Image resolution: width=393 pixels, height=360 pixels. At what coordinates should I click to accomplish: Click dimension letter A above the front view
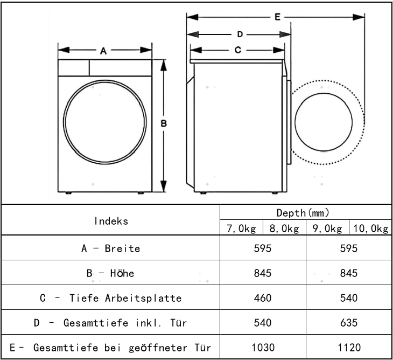pos(103,51)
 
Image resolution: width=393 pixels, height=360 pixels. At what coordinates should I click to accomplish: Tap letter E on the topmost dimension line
pos(277,17)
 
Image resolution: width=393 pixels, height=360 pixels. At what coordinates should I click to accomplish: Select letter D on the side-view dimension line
pos(240,34)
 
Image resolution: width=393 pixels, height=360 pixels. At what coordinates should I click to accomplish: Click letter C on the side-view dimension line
pos(237,51)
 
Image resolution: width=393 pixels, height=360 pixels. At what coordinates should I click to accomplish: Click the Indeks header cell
pos(111,220)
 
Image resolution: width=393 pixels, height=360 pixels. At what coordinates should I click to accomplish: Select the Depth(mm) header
pos(305,213)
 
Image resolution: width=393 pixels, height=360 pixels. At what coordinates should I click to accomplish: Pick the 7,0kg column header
pos(241,229)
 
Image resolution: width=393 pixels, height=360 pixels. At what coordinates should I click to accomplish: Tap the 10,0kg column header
pos(370,229)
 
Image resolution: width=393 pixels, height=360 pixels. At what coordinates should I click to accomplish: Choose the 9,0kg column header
pos(327,229)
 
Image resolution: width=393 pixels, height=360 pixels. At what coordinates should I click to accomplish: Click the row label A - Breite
pos(110,248)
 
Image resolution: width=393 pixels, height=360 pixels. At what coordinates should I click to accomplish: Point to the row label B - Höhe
pos(110,273)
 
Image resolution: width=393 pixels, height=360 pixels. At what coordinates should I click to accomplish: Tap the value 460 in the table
pos(263,298)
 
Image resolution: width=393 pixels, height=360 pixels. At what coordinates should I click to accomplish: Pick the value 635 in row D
pos(349,323)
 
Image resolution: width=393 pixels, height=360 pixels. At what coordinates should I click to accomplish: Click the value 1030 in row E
pos(263,348)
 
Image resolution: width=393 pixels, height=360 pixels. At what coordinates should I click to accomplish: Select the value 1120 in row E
pos(349,348)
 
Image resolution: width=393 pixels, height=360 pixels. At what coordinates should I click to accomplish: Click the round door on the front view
pos(105,123)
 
